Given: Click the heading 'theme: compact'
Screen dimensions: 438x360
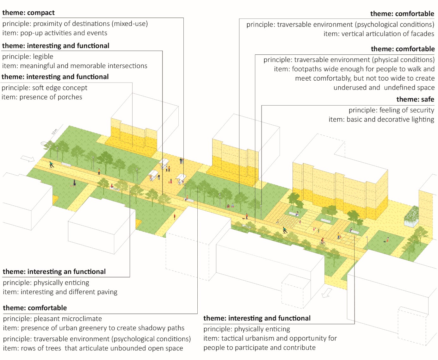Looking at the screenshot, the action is click(28, 13).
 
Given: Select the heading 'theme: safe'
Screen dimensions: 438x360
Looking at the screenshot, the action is click(415, 99).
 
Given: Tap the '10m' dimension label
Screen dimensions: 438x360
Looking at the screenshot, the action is click(54, 132).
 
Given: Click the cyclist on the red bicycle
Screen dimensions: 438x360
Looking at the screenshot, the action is click(322, 241).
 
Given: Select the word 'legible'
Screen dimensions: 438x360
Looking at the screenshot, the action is click(43, 57).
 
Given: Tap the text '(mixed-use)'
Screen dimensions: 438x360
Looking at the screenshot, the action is click(130, 24).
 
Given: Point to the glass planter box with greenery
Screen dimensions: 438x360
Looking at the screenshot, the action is click(411, 217).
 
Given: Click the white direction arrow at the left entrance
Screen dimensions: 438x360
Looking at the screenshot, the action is click(28, 159).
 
